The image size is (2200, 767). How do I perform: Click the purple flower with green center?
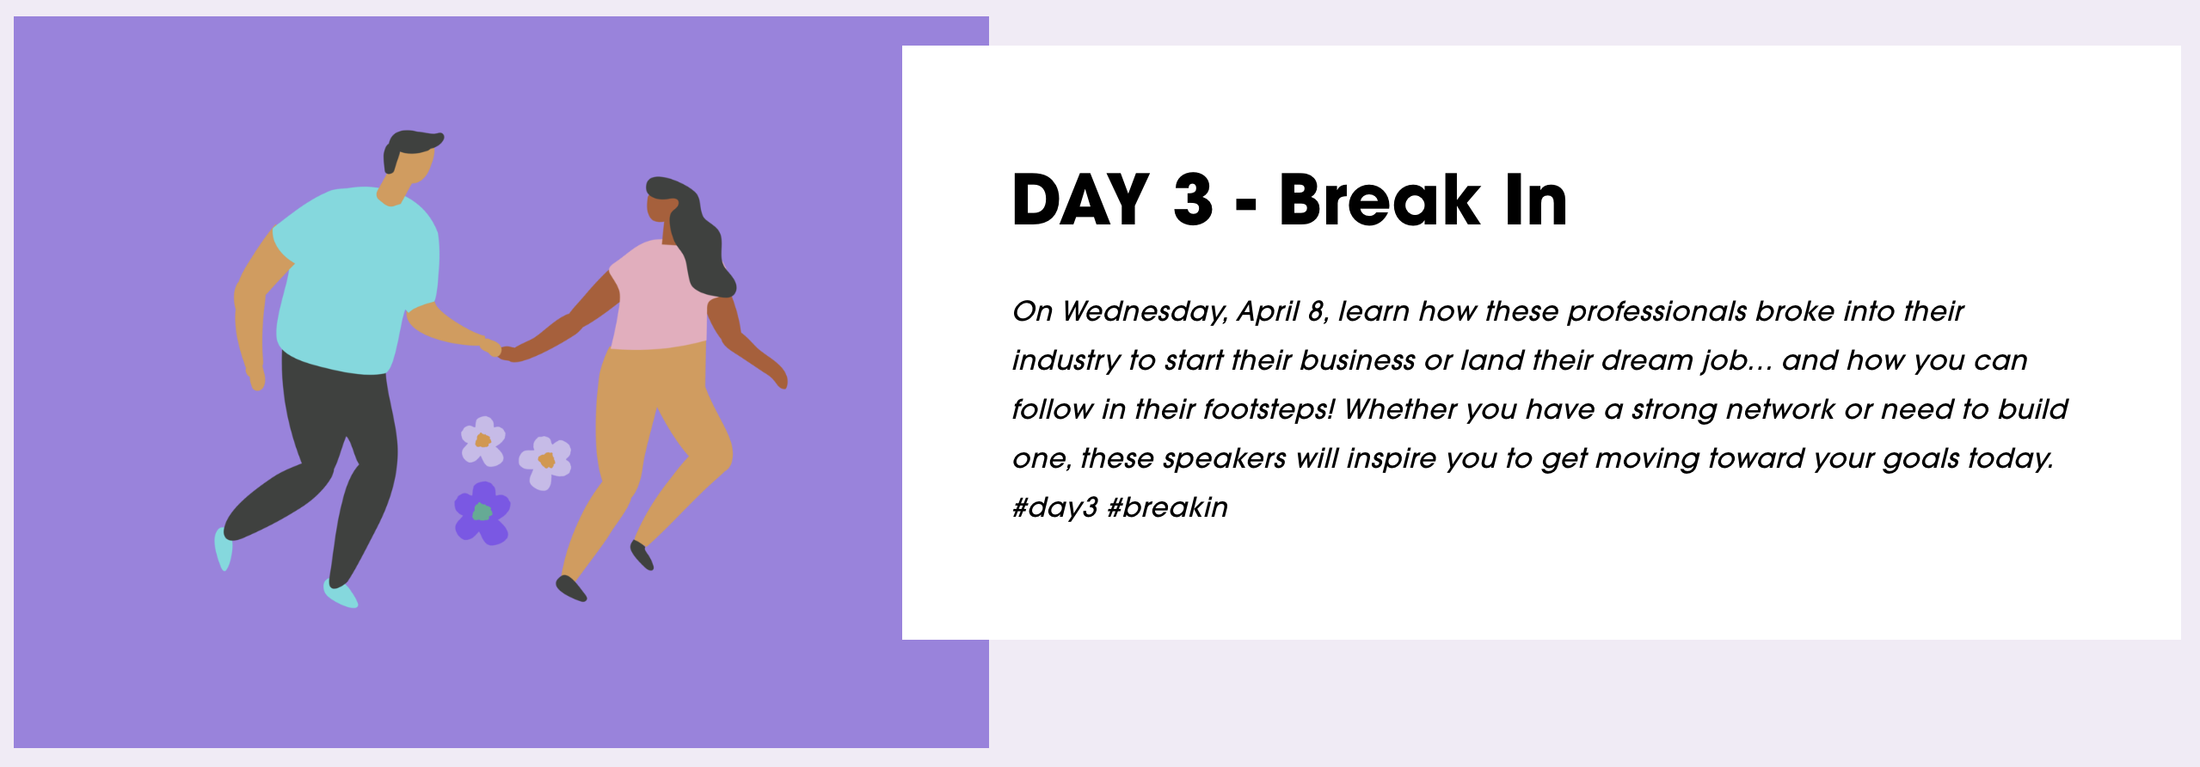click(482, 513)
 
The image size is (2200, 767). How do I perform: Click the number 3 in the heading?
click(1193, 199)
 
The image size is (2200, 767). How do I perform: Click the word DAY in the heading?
click(1081, 199)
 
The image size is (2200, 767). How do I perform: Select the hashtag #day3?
click(1054, 507)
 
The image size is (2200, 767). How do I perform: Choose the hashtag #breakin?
click(1168, 507)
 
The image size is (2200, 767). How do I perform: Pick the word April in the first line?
click(1268, 312)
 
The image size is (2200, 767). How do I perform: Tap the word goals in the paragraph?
click(1921, 459)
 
